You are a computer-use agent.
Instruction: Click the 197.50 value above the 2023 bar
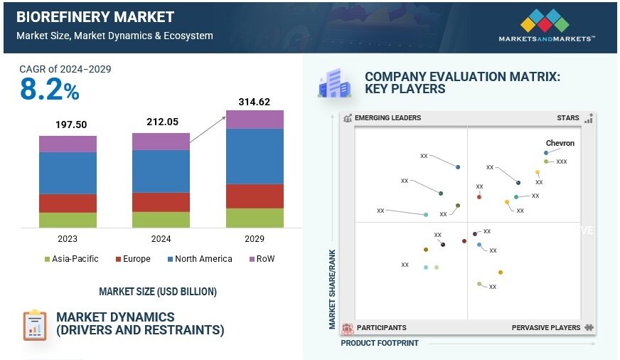[71, 125]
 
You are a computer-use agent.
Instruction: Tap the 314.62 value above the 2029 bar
[255, 102]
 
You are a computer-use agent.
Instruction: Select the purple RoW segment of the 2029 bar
[255, 120]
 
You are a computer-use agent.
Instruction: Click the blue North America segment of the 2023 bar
[68, 172]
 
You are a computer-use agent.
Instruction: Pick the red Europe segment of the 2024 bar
[161, 202]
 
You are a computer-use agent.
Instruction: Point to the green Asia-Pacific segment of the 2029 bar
[255, 218]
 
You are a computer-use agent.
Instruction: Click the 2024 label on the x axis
[161, 239]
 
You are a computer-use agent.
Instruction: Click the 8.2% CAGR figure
[49, 90]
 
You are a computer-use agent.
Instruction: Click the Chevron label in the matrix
[560, 143]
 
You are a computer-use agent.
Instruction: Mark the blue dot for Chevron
[547, 152]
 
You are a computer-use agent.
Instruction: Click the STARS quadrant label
[568, 118]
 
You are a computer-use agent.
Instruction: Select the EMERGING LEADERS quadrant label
[387, 118]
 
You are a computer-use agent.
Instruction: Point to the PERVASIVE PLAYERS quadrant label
[546, 328]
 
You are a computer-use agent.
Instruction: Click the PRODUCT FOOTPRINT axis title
[380, 343]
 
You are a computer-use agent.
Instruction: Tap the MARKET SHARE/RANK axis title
[332, 288]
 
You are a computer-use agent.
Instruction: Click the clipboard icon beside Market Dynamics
[34, 324]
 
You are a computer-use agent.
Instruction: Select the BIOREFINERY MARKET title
[95, 17]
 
